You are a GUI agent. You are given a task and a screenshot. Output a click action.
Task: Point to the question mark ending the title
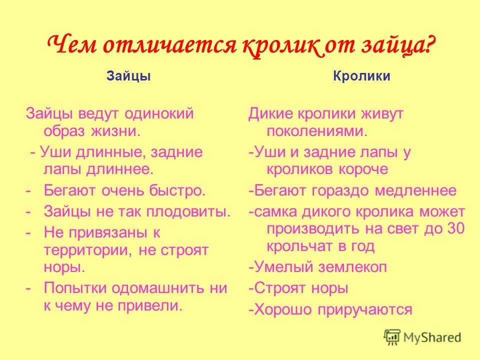coord(428,46)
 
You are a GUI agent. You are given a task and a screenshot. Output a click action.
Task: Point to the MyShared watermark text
coord(433,337)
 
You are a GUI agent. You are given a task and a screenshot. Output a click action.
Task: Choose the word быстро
coord(179,191)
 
